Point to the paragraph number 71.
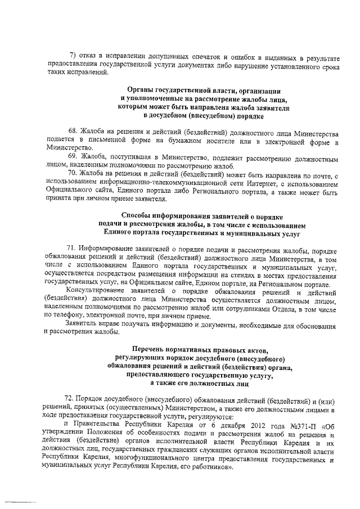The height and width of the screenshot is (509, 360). click(71, 249)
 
